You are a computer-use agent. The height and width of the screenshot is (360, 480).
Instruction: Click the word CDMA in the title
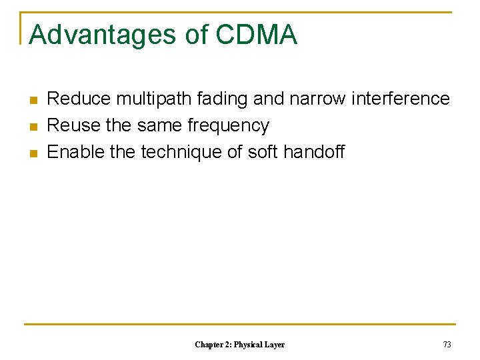tap(256, 35)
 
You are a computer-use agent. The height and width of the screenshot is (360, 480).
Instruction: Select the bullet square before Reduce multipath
tap(33, 100)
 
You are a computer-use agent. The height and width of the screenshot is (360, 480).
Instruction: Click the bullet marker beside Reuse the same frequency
tap(33, 127)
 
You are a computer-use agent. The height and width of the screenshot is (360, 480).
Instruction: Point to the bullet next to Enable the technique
tap(33, 153)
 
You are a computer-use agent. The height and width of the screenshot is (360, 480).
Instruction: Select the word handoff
tap(314, 152)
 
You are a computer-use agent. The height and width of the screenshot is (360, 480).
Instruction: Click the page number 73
tap(447, 345)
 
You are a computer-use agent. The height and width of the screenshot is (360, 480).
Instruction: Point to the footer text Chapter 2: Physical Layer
tap(239, 345)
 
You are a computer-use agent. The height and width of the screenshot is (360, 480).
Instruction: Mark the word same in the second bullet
tap(160, 125)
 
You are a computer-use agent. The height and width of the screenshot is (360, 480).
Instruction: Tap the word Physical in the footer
tap(246, 345)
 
